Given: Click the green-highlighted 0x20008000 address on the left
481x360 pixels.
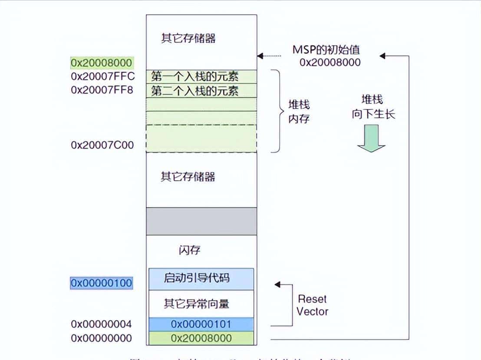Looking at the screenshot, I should tap(102, 63).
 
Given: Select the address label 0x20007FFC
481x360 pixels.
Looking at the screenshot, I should tap(103, 76).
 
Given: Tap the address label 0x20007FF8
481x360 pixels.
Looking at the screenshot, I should tap(103, 90).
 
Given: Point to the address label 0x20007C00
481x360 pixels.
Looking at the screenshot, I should tap(102, 145).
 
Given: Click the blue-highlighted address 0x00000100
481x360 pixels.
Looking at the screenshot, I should tap(102, 283).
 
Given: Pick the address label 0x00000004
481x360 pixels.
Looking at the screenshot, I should tap(101, 324).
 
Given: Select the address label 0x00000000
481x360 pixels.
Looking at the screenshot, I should tap(101, 338).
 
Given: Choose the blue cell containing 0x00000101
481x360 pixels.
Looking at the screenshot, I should tap(201, 324).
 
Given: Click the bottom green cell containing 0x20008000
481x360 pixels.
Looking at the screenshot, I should tap(201, 338).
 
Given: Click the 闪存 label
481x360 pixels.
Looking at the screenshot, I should tap(190, 251).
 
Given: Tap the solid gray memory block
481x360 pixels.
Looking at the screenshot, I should tap(201, 221).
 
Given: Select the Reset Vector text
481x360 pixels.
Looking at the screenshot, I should tap(312, 305).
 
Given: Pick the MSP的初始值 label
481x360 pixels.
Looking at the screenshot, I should tap(326, 50).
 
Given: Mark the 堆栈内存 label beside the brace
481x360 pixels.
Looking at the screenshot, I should tap(299, 112).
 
